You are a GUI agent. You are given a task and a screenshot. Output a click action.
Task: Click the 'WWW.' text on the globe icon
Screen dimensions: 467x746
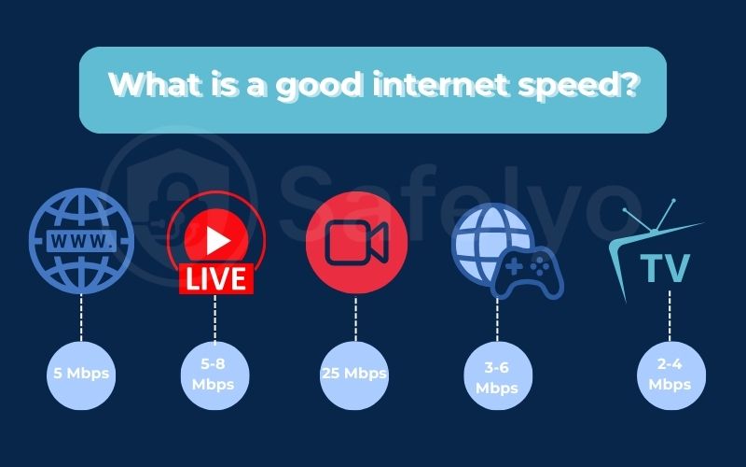pos(82,243)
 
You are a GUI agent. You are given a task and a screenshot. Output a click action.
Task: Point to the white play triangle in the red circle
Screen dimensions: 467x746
pos(217,241)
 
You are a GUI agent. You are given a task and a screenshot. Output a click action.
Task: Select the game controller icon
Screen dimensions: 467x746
pos(527,270)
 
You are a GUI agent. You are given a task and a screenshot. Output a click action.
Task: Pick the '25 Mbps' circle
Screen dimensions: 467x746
pos(354,375)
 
